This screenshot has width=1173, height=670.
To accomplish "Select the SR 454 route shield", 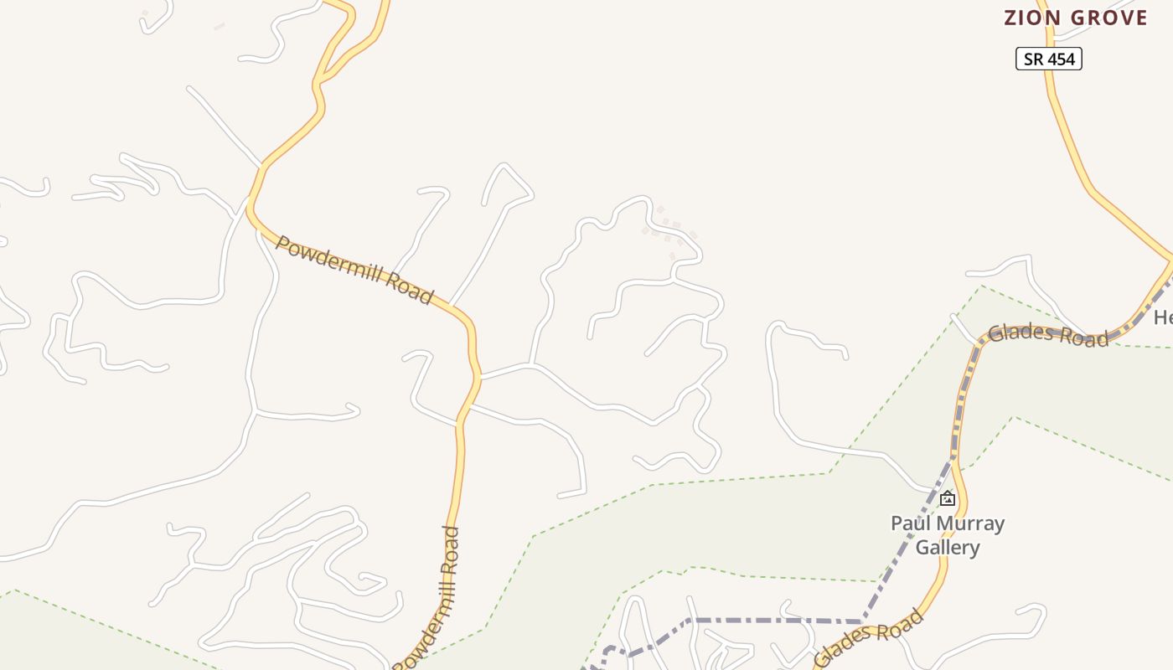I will [x=1049, y=59].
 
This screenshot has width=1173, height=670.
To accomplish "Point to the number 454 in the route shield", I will [x=1061, y=59].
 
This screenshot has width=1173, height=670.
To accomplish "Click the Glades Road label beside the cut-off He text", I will [x=1048, y=335].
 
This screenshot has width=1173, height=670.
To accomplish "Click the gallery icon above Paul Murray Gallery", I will [x=948, y=499].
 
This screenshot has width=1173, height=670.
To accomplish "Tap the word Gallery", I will [x=948, y=548].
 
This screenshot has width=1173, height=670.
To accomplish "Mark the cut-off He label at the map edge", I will [x=1163, y=318].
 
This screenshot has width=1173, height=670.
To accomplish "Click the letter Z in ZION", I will [x=1010, y=18].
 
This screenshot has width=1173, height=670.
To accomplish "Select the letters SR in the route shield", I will [x=1034, y=59].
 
